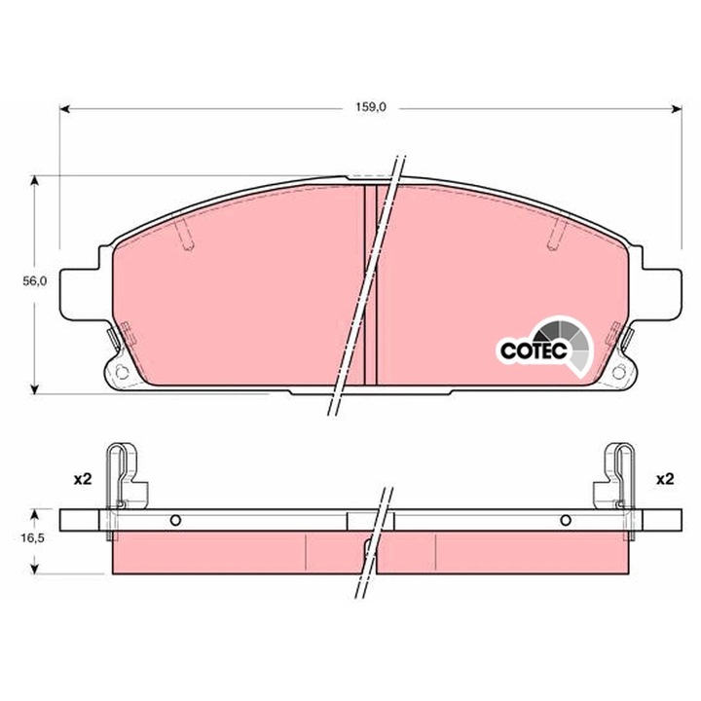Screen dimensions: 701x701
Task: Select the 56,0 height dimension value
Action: pyautogui.click(x=34, y=280)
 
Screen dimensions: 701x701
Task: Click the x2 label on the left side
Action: pyautogui.click(x=81, y=479)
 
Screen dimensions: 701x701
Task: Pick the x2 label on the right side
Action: pyautogui.click(x=665, y=479)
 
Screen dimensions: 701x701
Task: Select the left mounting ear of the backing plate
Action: pyautogui.click(x=78, y=292)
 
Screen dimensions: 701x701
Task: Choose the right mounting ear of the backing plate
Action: pyautogui.click(x=662, y=292)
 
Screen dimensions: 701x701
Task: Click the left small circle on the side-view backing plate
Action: pyautogui.click(x=175, y=519)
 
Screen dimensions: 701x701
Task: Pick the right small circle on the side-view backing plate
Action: pyautogui.click(x=563, y=519)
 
